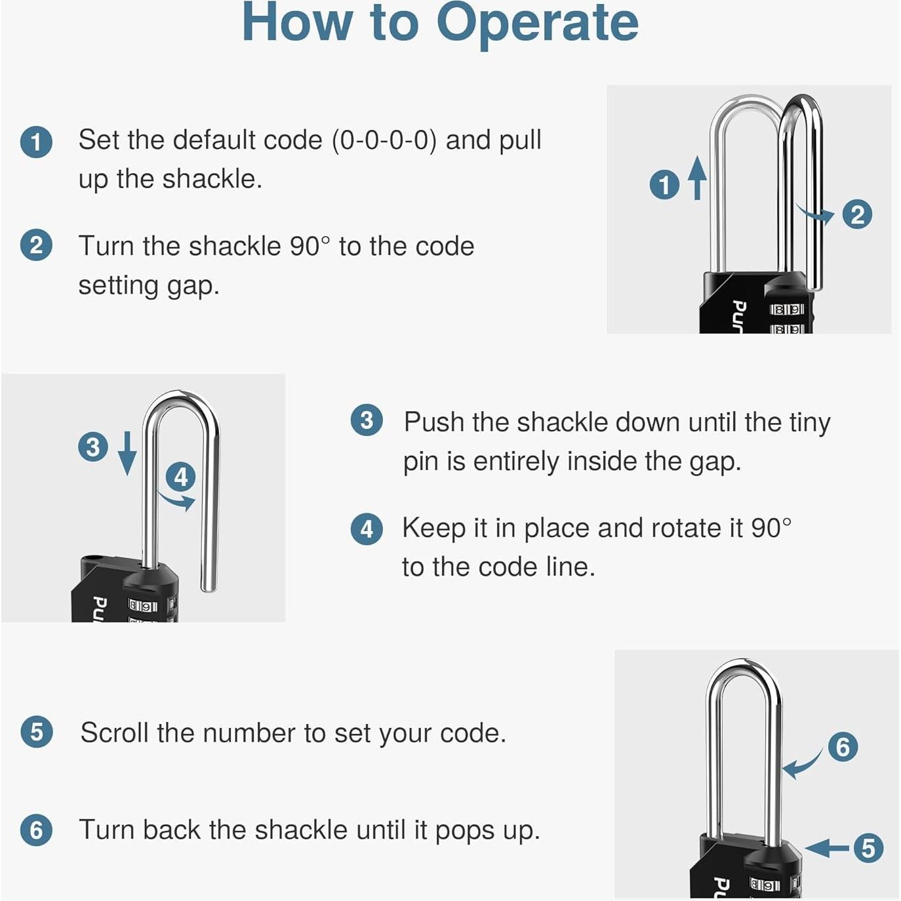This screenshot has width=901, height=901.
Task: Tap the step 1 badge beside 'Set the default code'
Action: [36, 142]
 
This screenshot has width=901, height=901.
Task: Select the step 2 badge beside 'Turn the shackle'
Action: [36, 245]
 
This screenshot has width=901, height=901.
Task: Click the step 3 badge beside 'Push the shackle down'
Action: [367, 420]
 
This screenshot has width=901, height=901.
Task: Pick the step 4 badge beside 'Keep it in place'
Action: [367, 529]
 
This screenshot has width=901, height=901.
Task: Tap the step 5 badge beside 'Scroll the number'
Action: [37, 732]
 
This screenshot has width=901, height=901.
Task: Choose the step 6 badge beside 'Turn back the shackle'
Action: [36, 830]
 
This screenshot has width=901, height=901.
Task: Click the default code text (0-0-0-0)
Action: [384, 140]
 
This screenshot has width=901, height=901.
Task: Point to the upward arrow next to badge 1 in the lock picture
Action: [697, 178]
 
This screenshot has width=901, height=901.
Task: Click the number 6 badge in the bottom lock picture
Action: [843, 746]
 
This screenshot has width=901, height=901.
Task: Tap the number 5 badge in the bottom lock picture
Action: [868, 848]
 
